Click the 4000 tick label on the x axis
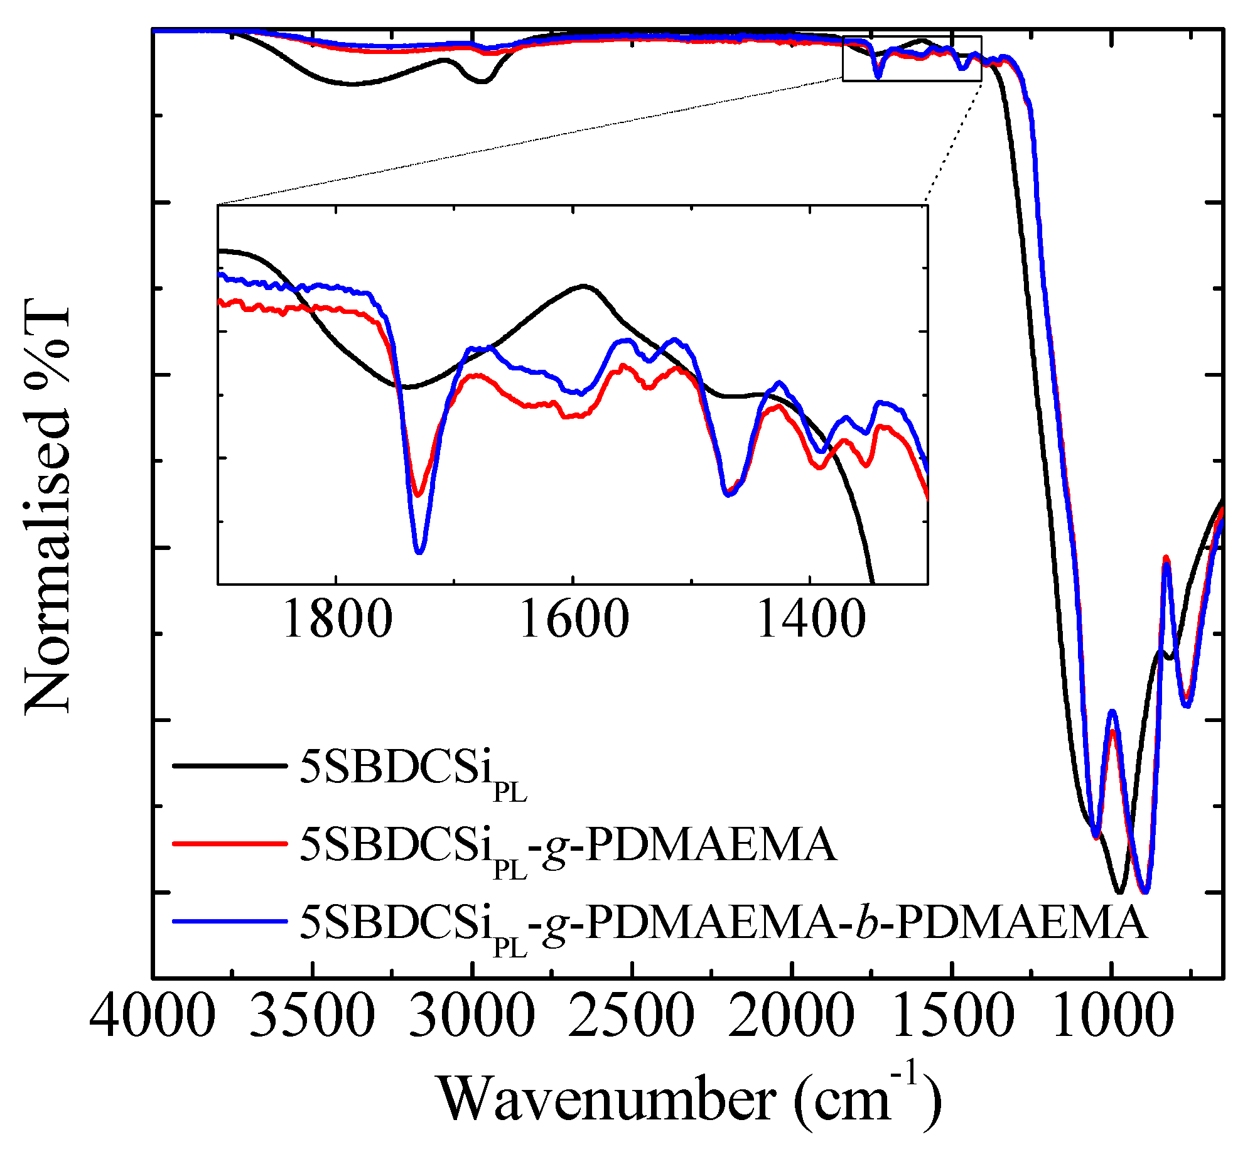point(153,1015)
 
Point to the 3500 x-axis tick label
point(312,1015)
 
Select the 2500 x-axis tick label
point(632,1015)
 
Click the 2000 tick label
point(792,1015)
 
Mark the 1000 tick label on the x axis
point(1112,1015)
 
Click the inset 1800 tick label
point(337,619)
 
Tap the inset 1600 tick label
point(574,619)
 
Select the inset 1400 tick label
point(811,619)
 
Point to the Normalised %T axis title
point(48,509)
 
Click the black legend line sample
point(230,765)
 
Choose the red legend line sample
point(230,843)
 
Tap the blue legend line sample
point(230,921)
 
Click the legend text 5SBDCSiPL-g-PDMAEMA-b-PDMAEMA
point(722,923)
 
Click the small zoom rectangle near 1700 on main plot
point(912,59)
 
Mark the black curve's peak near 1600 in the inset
point(584,286)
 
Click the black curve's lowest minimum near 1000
point(1119,892)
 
